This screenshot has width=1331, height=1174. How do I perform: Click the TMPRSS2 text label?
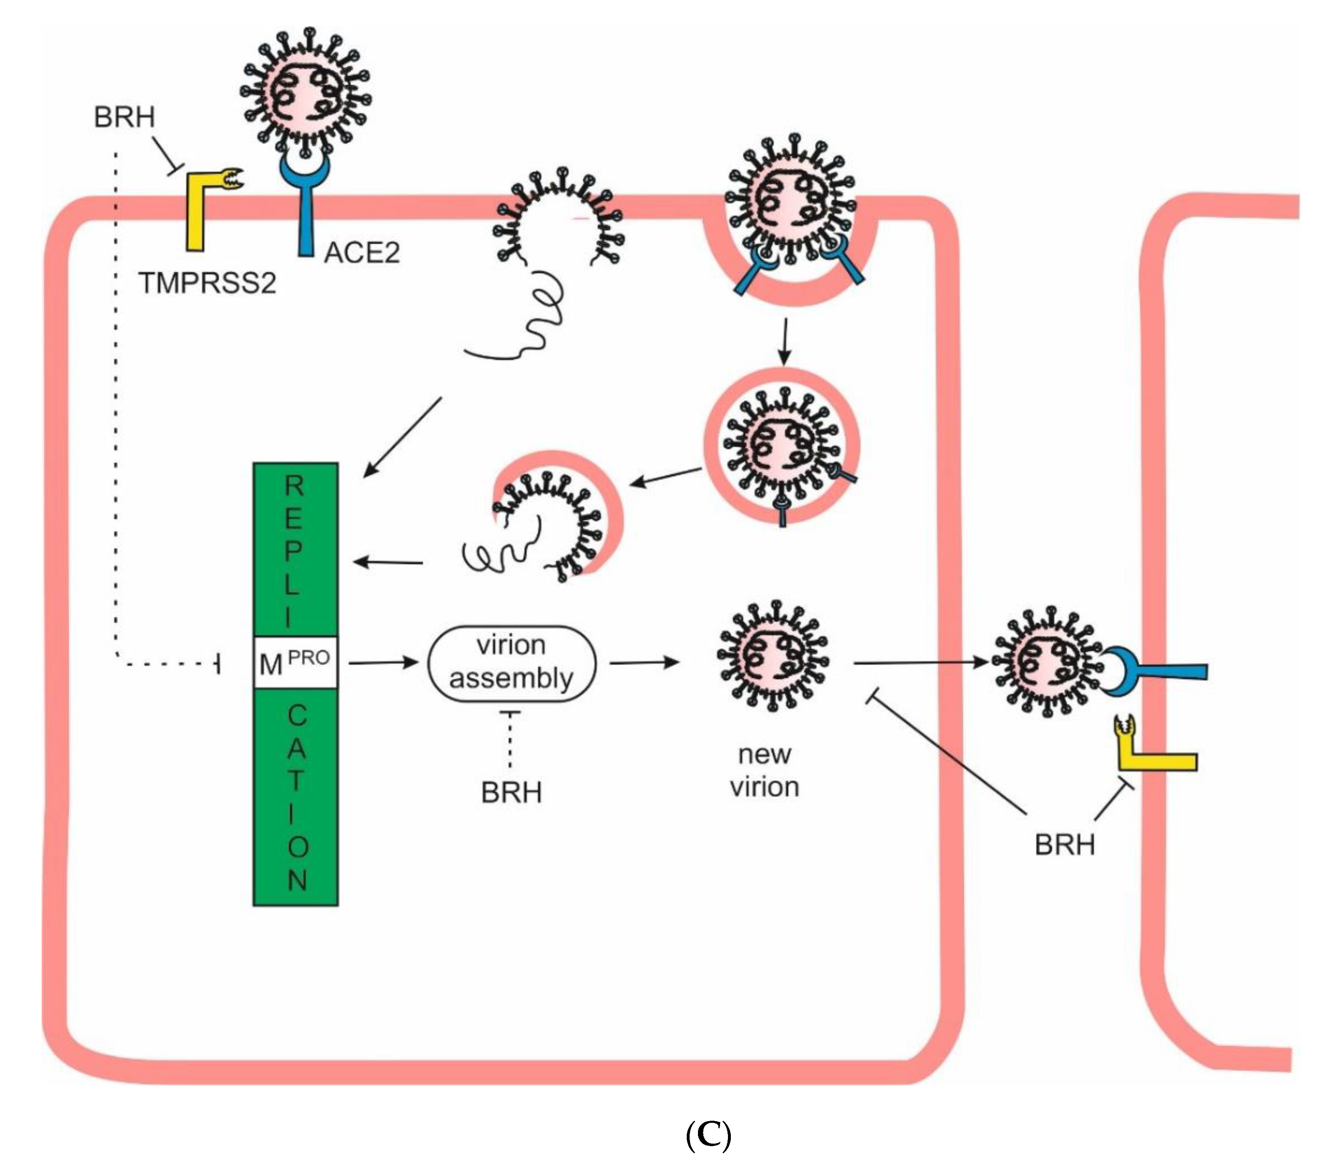207,283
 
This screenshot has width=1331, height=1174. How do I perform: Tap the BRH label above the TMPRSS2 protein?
124,118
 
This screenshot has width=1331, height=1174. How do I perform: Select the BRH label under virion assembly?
511,793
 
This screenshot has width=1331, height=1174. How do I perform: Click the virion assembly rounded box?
511,663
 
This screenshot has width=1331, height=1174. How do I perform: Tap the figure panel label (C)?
708,1136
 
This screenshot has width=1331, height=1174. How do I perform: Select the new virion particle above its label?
772,656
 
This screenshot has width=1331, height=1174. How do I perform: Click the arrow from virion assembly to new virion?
643,663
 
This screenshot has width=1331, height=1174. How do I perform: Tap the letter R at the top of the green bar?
295,486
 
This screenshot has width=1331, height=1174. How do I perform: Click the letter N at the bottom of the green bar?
297,880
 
